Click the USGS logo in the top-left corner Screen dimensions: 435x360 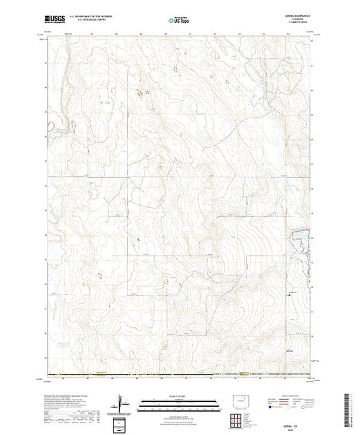coord(57,21)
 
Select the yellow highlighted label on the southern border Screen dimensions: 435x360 coord(243,376)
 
